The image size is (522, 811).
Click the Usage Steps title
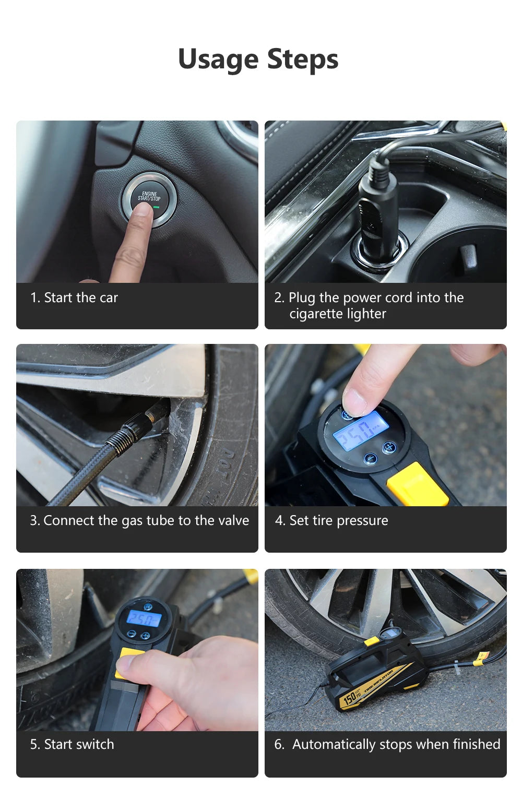click(x=258, y=58)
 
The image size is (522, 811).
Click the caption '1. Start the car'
click(x=74, y=297)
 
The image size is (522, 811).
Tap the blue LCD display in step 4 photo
click(x=360, y=431)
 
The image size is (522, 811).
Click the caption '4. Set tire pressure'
click(x=331, y=520)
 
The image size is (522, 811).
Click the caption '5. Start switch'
click(x=72, y=744)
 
